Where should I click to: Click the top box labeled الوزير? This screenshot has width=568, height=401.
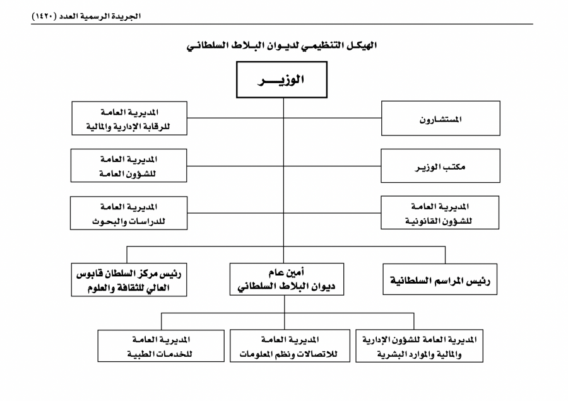tap(282, 79)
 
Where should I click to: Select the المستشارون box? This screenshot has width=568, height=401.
tap(441, 119)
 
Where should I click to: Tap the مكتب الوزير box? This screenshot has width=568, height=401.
tap(440, 166)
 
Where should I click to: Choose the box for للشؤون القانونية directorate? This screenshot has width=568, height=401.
tap(440, 213)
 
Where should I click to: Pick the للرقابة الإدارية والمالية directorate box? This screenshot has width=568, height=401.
tap(129, 119)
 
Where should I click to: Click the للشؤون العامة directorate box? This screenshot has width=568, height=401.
tap(129, 165)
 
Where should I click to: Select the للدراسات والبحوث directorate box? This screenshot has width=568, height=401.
tap(129, 213)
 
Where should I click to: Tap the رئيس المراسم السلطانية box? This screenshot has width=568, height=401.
tap(440, 279)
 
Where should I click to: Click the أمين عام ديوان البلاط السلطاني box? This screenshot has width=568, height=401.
tap(287, 279)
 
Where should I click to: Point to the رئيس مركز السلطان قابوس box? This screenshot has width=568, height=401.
tap(129, 280)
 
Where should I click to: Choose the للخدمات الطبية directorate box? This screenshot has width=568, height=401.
tap(161, 346)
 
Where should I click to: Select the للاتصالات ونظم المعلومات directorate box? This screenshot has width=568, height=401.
tap(290, 346)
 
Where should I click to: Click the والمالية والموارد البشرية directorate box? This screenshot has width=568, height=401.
tap(419, 346)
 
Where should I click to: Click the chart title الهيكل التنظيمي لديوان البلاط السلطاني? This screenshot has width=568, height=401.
tap(282, 45)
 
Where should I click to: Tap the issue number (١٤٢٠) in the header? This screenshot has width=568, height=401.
tap(44, 16)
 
